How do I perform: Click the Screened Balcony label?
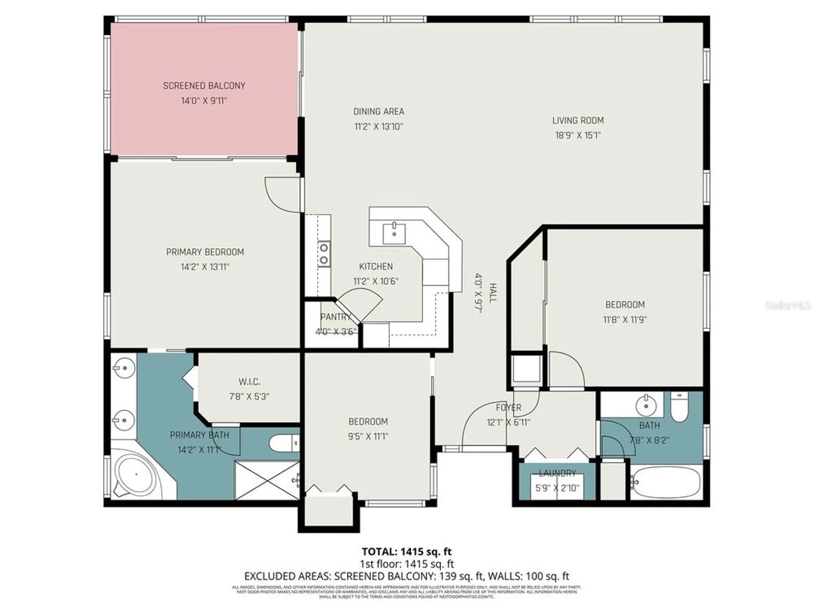click(x=204, y=86)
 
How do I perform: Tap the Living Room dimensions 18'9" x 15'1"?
click(x=578, y=135)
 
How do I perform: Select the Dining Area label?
click(x=378, y=111)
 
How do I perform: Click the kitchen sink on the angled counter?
click(x=394, y=234)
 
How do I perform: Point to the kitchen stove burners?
click(x=324, y=254)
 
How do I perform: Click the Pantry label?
click(x=335, y=317)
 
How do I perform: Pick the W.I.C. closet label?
click(x=249, y=382)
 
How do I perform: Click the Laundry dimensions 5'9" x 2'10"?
click(x=557, y=488)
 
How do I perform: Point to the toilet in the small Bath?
click(x=679, y=408)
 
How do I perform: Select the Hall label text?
click(x=493, y=293)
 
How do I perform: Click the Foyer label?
click(x=509, y=407)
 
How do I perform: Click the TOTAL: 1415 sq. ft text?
click(x=406, y=551)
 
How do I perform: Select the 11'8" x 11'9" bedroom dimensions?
click(x=625, y=320)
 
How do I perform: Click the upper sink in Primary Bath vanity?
click(x=124, y=368)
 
